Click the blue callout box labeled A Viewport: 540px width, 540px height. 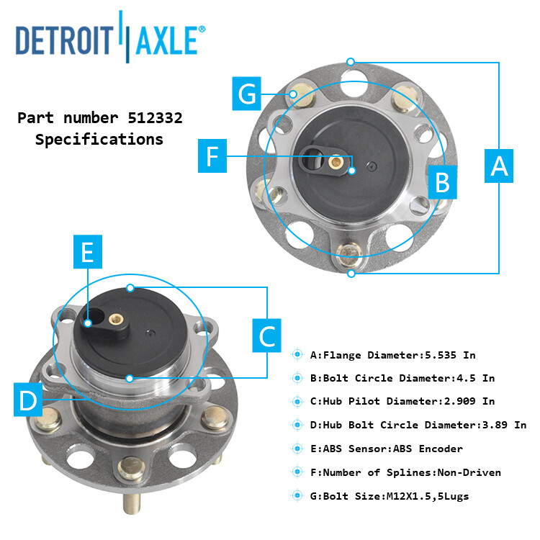click(499, 166)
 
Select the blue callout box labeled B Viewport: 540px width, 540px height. click(443, 182)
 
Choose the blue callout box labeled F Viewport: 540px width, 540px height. click(212, 157)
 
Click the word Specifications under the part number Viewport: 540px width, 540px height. click(99, 140)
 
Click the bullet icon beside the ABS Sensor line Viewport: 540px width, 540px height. click(297, 448)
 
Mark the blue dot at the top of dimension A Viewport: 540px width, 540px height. click(351, 61)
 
